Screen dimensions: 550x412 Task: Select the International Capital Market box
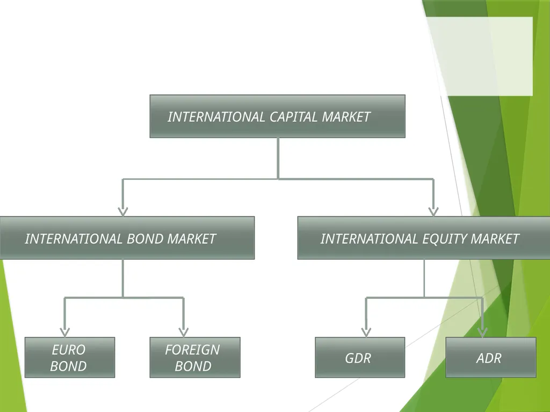click(x=278, y=116)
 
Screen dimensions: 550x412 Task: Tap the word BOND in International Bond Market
click(x=145, y=239)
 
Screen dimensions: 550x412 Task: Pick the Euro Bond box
click(x=70, y=357)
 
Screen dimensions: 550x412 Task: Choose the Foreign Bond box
click(x=195, y=357)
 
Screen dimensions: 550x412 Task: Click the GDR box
click(x=360, y=357)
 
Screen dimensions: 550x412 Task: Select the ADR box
click(x=491, y=357)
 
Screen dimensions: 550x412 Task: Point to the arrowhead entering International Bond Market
click(x=123, y=211)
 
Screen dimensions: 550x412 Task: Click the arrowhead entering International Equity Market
click(x=433, y=211)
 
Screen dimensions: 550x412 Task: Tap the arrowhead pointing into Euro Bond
click(x=64, y=332)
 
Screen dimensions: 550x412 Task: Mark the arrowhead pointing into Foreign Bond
click(x=184, y=332)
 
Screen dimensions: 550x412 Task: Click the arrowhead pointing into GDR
click(x=366, y=332)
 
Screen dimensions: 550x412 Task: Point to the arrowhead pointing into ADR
click(x=483, y=332)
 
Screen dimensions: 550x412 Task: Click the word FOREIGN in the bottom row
click(x=193, y=350)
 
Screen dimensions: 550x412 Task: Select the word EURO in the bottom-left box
click(x=69, y=350)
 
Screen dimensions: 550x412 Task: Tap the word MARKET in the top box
click(x=346, y=117)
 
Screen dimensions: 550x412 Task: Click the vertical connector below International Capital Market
click(x=278, y=158)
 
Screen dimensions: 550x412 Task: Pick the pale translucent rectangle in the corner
click(x=480, y=56)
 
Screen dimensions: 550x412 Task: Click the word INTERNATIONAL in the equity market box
click(x=369, y=239)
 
